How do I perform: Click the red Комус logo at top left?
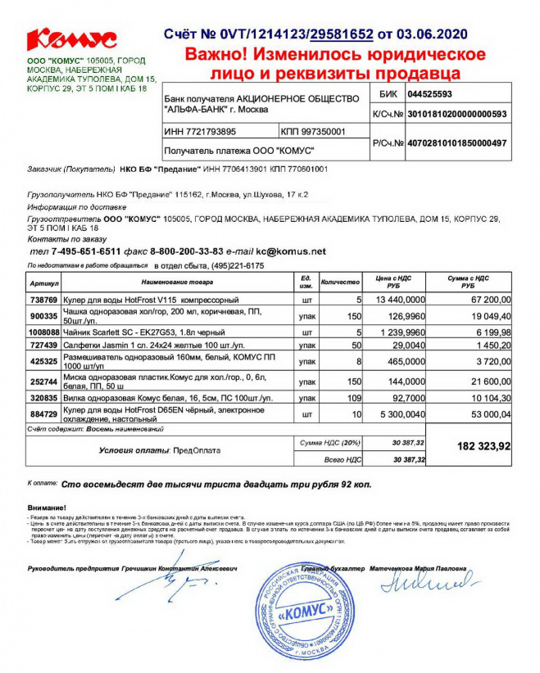pos(72,38)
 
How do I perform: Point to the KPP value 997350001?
pos(323,131)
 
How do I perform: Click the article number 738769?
pos(43,300)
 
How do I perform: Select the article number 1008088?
pos(43,332)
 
